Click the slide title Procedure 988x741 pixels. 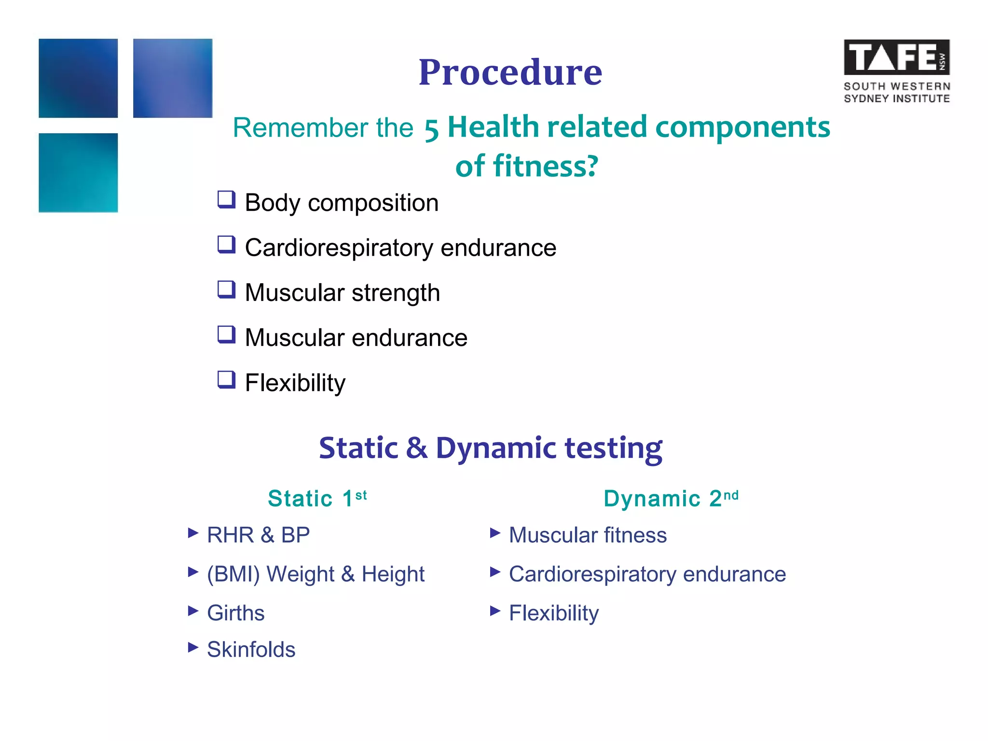coord(510,72)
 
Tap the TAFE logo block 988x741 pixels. coord(896,57)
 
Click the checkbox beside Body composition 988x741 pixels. coord(226,199)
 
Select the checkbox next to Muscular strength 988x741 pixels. coord(226,289)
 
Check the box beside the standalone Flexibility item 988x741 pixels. coord(226,380)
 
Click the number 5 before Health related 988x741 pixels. coord(431,130)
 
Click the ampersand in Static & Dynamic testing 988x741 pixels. coord(416,448)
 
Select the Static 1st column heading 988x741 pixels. coord(317,498)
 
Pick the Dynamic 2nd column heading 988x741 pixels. coord(671,498)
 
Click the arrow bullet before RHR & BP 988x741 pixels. coord(193,533)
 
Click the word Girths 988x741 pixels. coord(235,613)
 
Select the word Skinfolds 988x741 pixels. coord(251,649)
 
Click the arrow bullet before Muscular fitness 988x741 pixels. coord(495,533)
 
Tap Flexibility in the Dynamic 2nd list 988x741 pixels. coord(554,613)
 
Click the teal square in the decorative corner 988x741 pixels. coord(78,173)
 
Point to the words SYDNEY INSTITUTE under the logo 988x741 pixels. coord(896,98)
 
